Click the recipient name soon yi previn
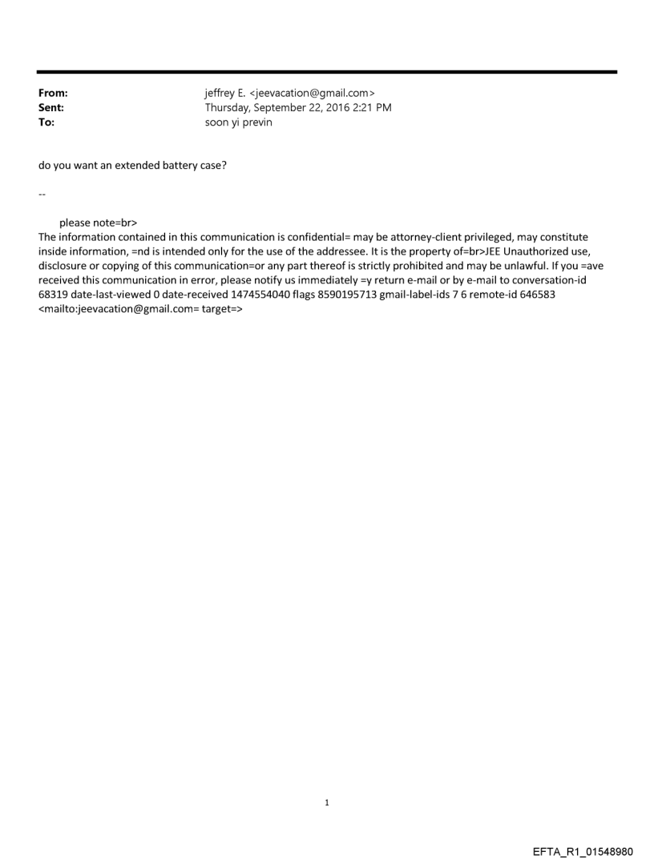(x=239, y=122)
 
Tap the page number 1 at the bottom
(x=327, y=802)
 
